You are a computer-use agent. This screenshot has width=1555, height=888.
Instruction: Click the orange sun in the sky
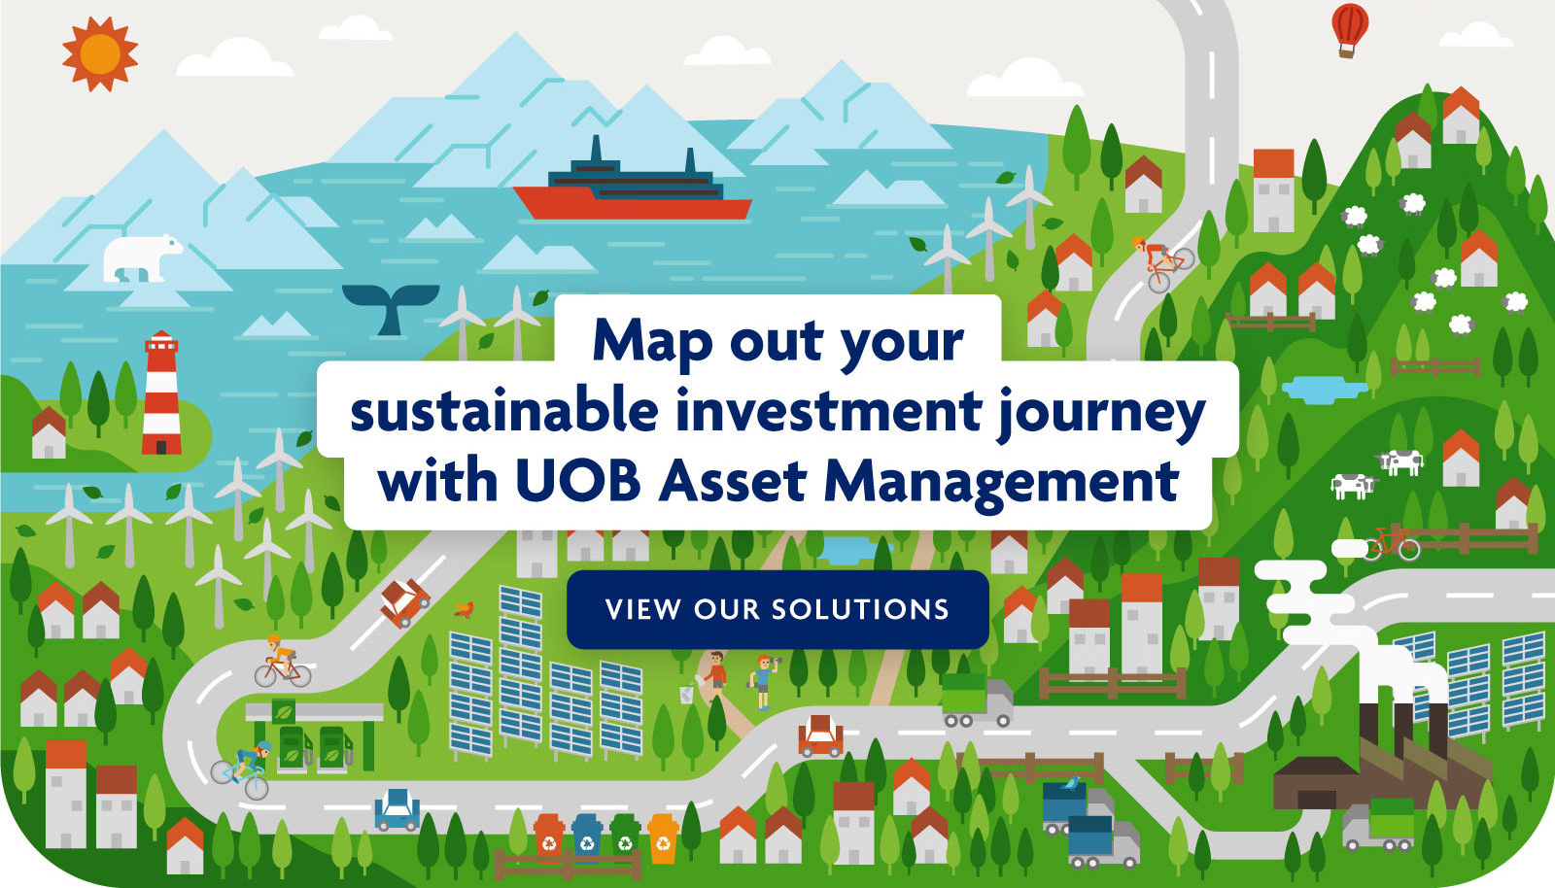pyautogui.click(x=100, y=53)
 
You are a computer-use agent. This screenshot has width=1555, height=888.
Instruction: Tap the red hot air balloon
pyautogui.click(x=1350, y=30)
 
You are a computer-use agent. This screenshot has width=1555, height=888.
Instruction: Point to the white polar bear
pyautogui.click(x=142, y=257)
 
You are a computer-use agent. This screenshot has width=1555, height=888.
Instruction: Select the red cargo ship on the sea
pyautogui.click(x=633, y=186)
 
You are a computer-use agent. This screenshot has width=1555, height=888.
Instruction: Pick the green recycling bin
pyautogui.click(x=626, y=835)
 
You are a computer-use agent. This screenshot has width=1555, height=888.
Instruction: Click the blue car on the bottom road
pyautogui.click(x=397, y=810)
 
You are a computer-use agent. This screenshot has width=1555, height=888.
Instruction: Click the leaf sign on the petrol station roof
pyautogui.click(x=283, y=710)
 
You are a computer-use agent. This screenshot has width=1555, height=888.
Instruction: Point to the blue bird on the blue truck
pyautogui.click(x=1071, y=784)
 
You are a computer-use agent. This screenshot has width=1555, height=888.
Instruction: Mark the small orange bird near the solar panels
pyautogui.click(x=464, y=609)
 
